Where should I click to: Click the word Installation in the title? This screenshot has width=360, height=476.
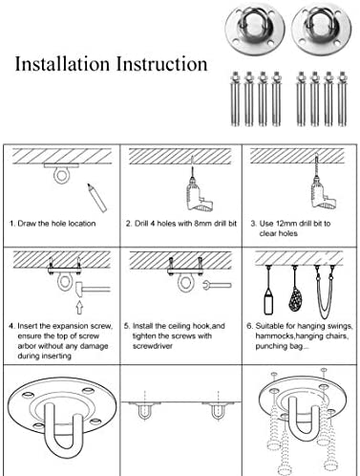coord(62,64)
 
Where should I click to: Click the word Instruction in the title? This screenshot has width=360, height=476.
coord(161,64)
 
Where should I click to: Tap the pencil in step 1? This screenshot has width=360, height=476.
coord(96,198)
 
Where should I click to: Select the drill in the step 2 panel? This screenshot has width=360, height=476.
coord(199,193)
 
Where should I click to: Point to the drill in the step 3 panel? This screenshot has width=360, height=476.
coord(322,188)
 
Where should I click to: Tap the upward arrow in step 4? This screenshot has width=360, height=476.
coord(79,307)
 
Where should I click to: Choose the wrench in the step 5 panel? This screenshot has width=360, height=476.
coord(217,285)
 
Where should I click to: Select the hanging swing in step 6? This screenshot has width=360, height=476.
coord(325,292)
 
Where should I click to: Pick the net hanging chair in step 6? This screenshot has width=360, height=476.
coord(294,295)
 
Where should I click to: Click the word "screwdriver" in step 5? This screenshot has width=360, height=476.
coord(153,346)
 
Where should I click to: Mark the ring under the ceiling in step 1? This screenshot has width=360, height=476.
coord(61,175)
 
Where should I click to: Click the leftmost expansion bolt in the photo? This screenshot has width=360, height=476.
coord(235,98)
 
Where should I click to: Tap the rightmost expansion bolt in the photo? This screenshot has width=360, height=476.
coord(342,98)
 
